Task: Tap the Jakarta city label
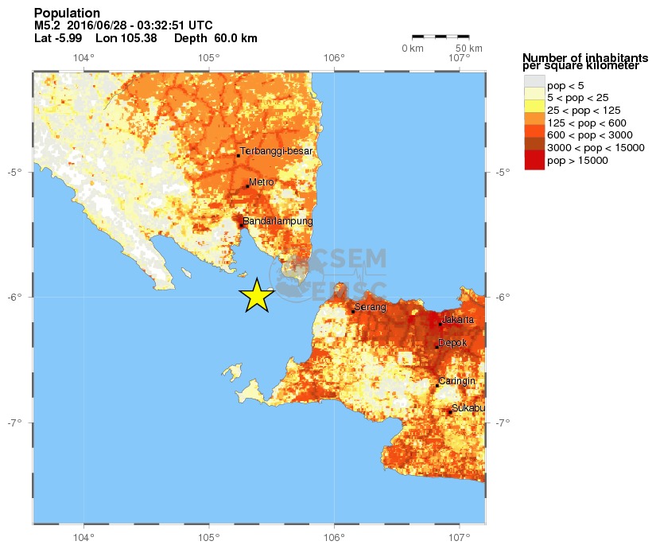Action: (458, 319)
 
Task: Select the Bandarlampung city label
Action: (278, 220)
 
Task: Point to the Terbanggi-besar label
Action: (277, 150)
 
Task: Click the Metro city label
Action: (261, 182)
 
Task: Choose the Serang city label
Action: (370, 306)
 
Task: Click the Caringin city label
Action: (456, 380)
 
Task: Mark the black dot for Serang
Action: (353, 311)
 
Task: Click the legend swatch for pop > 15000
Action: (534, 161)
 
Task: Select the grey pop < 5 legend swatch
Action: (534, 84)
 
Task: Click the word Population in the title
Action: (68, 14)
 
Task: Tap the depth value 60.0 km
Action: (235, 38)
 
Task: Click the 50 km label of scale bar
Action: (469, 49)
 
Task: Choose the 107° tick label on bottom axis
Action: (459, 537)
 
